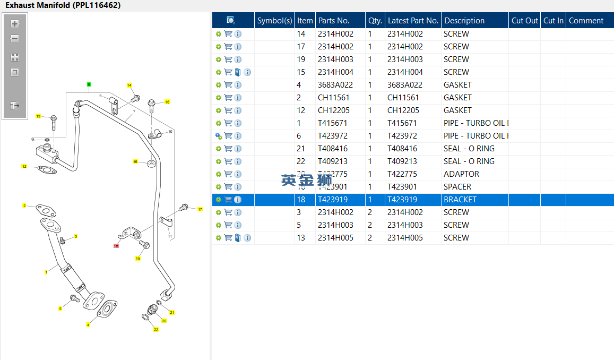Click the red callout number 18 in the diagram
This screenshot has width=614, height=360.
pyautogui.click(x=116, y=246)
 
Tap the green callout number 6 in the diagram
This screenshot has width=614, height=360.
pyautogui.click(x=89, y=84)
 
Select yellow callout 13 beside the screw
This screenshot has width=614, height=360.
pyautogui.click(x=38, y=116)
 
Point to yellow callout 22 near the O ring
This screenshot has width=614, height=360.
pyautogui.click(x=156, y=330)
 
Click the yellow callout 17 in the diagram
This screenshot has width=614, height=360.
pyautogui.click(x=200, y=209)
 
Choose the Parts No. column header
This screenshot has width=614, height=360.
pyautogui.click(x=333, y=21)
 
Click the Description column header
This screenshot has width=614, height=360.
pyautogui.click(x=464, y=21)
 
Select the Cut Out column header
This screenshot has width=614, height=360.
pyautogui.click(x=524, y=21)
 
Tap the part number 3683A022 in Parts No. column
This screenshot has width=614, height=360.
pyautogui.click(x=335, y=85)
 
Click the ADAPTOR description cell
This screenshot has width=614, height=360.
pyautogui.click(x=461, y=174)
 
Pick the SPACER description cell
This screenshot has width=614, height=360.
pyautogui.click(x=457, y=187)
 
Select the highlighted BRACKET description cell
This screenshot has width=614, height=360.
pyautogui.click(x=460, y=200)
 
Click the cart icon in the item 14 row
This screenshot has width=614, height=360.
pyautogui.click(x=228, y=34)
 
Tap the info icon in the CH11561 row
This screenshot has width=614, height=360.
pyautogui.click(x=238, y=98)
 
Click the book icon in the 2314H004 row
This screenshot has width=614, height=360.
pyautogui.click(x=238, y=72)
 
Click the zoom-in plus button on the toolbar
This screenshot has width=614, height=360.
pyautogui.click(x=15, y=24)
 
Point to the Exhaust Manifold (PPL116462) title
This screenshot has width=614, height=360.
pyautogui.click(x=63, y=5)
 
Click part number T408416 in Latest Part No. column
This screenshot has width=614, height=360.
pyautogui.click(x=405, y=149)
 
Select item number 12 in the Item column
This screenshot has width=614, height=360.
pyautogui.click(x=301, y=110)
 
